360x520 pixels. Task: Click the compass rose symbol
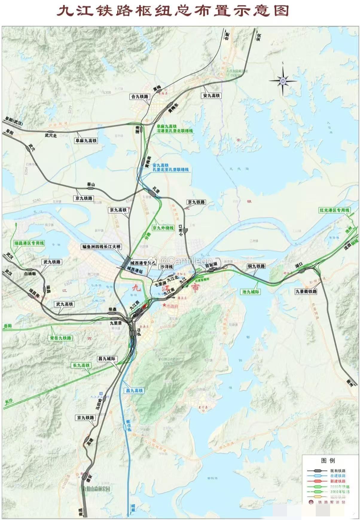tap(283, 80)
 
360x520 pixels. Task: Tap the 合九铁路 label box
tap(140, 97)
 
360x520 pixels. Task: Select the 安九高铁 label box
tap(211, 96)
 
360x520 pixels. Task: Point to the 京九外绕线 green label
tap(163, 228)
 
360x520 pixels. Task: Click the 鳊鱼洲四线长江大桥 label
tap(102, 247)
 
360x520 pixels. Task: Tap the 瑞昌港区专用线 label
tap(29, 243)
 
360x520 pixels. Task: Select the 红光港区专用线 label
tap(334, 210)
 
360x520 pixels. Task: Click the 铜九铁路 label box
tap(256, 266)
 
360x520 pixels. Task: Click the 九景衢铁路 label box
tap(306, 291)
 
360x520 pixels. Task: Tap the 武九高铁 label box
tap(64, 304)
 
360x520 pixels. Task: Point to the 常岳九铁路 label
tap(60, 338)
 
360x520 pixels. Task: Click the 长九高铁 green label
tap(81, 365)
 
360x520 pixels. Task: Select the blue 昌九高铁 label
tap(135, 391)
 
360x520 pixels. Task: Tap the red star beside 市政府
tap(164, 305)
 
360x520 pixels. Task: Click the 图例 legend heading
tap(328, 460)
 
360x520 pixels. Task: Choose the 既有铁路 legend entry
tap(338, 470)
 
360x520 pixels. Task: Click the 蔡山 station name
tap(91, 185)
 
